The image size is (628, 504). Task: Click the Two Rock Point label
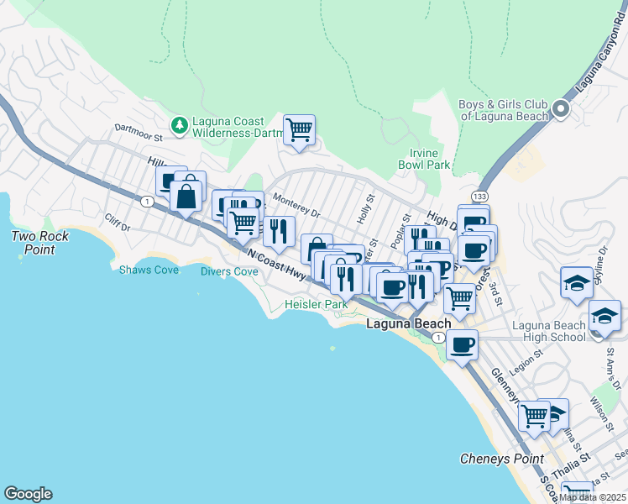[x=40, y=243]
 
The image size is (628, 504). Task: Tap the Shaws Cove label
[x=148, y=270]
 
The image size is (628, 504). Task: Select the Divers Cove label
[x=229, y=271]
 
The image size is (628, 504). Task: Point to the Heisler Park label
[x=316, y=304]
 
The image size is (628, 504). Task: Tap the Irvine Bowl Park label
[x=431, y=159]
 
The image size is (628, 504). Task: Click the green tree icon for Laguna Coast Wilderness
[x=179, y=126]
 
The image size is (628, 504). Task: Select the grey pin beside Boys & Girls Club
[x=561, y=109]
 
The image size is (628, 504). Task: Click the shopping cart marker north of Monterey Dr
[x=299, y=130]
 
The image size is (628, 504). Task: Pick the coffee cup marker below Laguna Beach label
[x=461, y=344]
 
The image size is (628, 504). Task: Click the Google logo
[x=28, y=494]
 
